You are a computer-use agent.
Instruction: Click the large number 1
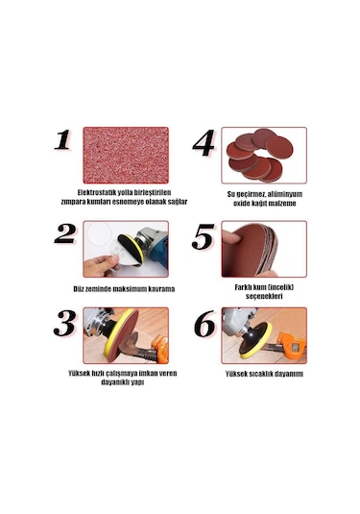coord(63,140)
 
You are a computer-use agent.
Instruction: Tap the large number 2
coord(65,234)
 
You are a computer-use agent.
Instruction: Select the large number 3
coord(65,323)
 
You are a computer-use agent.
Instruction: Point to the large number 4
coord(204,143)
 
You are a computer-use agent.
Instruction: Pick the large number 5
coord(204,236)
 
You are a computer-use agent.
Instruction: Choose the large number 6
coord(204,324)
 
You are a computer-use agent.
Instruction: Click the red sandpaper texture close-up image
coord(126,155)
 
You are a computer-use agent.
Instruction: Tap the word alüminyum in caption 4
coord(286,194)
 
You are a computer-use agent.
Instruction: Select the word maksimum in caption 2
coord(130,289)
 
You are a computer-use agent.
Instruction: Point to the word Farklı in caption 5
coord(244,287)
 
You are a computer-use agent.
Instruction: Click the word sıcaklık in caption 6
coord(261,374)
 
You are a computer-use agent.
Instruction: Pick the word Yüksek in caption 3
coord(78,374)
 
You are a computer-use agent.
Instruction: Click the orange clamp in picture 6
coord(292,345)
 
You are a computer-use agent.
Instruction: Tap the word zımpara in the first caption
coord(73,202)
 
